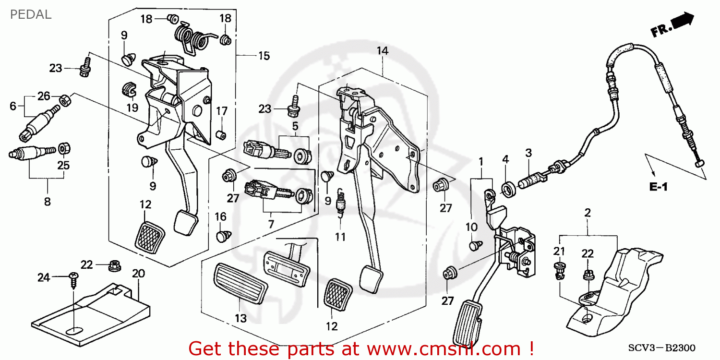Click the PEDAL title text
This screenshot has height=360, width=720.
click(30, 14)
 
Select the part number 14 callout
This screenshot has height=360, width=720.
click(382, 50)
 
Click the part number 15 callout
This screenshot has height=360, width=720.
click(264, 56)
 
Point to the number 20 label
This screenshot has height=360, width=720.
click(138, 274)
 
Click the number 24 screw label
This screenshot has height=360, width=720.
click(44, 277)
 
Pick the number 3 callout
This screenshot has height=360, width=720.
click(528, 153)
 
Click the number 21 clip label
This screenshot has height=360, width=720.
click(559, 251)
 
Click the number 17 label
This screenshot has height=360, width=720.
click(221, 111)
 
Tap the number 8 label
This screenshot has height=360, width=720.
click(47, 202)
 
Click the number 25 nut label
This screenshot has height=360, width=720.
click(63, 165)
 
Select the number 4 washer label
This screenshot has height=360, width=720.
click(505, 159)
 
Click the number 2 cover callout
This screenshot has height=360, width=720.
click(587, 212)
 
